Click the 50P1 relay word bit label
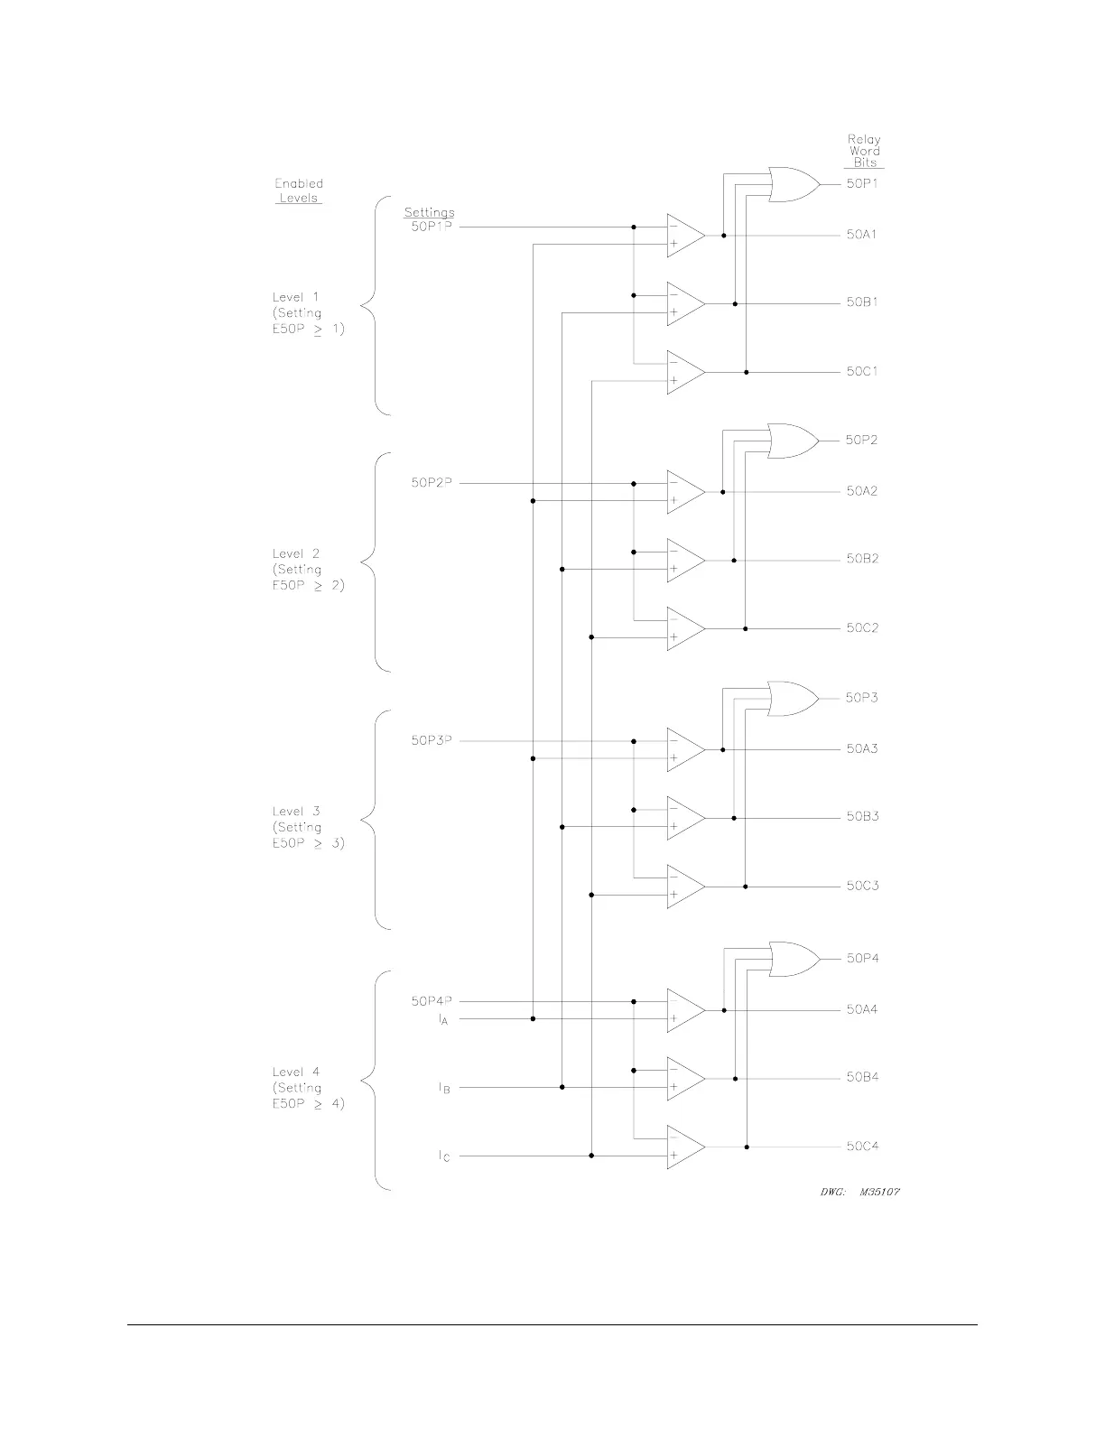pos(861,183)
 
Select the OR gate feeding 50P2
pos(792,441)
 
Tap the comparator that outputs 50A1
pos(685,235)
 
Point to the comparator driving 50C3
pos(685,887)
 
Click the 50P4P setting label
pos(432,1001)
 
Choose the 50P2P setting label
pos(432,483)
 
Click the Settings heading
pos(429,213)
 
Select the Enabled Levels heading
pos(299,190)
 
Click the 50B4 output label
pos(862,1077)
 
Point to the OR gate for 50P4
pos(793,959)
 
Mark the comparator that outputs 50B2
pos(685,561)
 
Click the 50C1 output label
pos(862,371)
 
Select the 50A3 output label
pos(862,748)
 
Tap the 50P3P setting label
pos(432,740)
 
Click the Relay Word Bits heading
pos(864,151)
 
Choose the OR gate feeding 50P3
pos(792,699)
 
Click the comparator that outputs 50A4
pos(685,1010)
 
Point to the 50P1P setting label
pos(432,226)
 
